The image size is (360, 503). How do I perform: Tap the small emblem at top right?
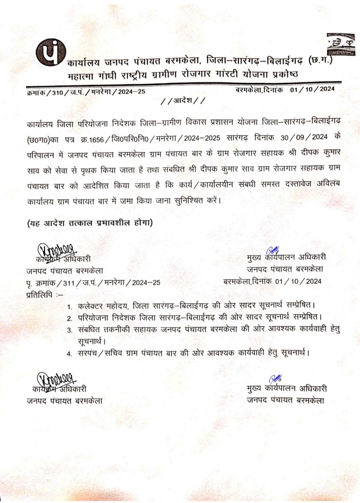point(338,44)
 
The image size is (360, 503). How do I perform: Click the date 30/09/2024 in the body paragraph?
point(304,138)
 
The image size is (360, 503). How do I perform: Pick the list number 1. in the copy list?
point(70,307)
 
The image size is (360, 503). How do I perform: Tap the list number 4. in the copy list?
point(70,354)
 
